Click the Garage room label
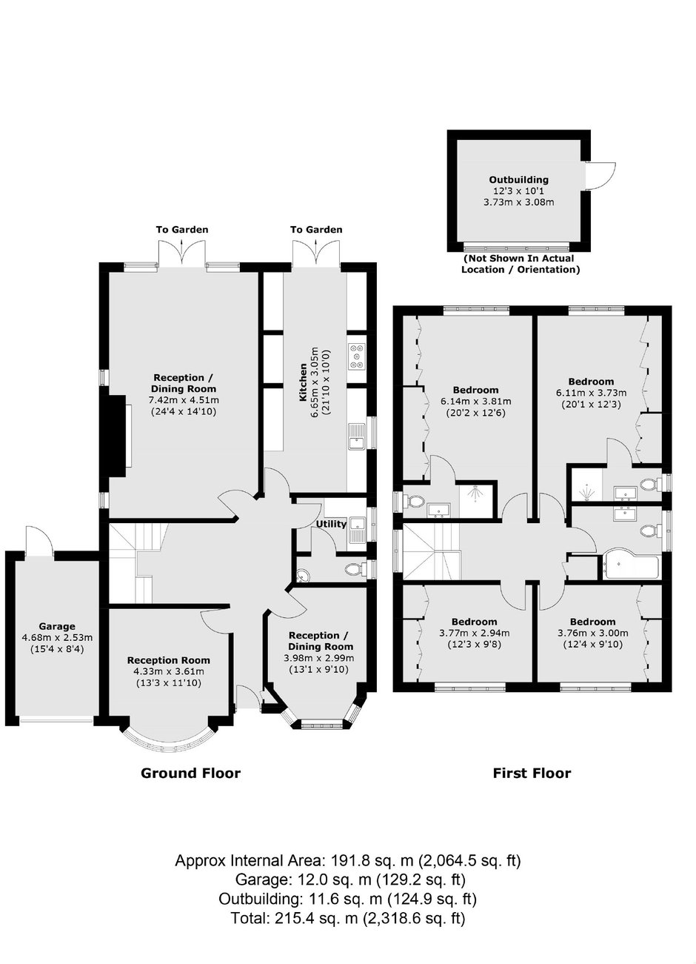click(x=57, y=627)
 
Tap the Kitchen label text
click(x=304, y=382)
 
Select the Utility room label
click(x=331, y=524)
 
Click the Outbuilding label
click(x=519, y=180)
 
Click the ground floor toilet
click(x=355, y=569)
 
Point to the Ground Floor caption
click(x=190, y=773)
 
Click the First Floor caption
click(x=532, y=773)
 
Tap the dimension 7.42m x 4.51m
click(x=184, y=400)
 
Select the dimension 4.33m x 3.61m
click(x=169, y=671)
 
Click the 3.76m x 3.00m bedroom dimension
click(x=593, y=633)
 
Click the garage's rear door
click(x=39, y=542)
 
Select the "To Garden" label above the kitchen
click(x=316, y=230)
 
